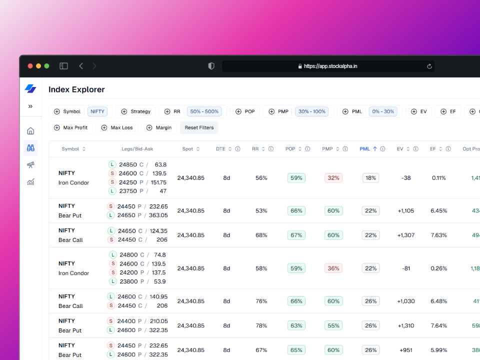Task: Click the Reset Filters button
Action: [199, 127]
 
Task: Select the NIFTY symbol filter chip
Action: [97, 111]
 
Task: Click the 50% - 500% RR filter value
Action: [204, 111]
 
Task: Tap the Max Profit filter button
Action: [70, 127]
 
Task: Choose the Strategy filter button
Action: [135, 111]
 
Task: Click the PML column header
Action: [364, 149]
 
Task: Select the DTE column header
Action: [221, 149]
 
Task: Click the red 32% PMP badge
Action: [333, 178]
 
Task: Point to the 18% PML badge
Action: [370, 178]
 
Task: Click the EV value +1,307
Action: [405, 235]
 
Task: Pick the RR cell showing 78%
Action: [261, 325]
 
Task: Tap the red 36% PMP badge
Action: [333, 268]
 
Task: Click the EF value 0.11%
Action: [438, 178]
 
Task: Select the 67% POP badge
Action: [296, 235]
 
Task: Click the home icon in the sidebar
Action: [30, 131]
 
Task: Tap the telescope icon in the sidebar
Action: [30, 164]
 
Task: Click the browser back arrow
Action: [81, 66]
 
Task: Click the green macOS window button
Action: [46, 66]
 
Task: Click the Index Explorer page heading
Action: [76, 89]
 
